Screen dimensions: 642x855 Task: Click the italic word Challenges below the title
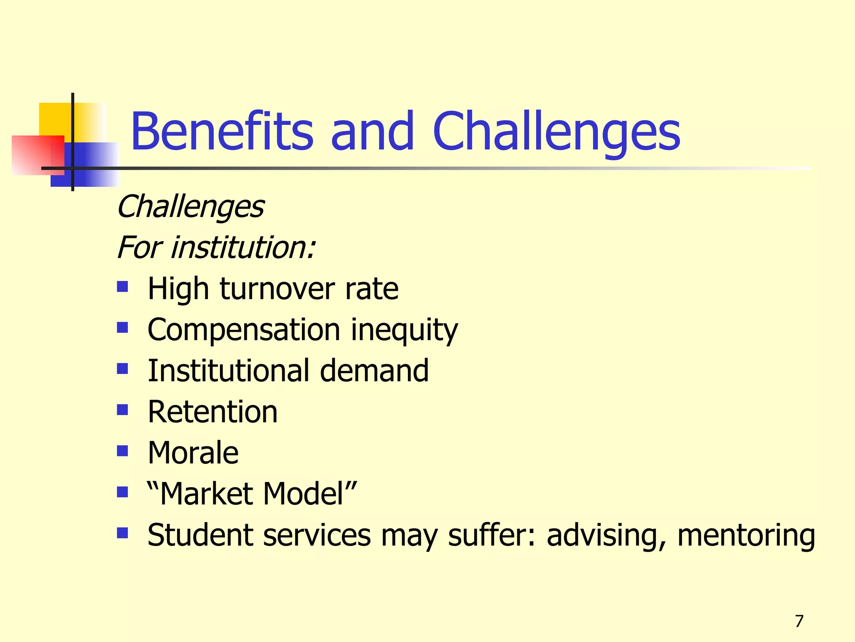click(190, 207)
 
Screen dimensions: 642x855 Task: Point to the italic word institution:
click(243, 247)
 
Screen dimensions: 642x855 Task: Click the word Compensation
click(244, 330)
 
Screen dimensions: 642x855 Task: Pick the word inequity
click(404, 330)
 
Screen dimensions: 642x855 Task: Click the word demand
click(374, 370)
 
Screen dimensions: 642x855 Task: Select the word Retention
click(212, 412)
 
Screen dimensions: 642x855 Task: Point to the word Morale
click(193, 453)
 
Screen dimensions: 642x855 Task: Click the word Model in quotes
click(309, 494)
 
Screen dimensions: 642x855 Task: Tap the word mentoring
click(746, 535)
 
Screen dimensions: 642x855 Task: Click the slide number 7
click(799, 621)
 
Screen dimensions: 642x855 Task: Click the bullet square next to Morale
click(122, 451)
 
